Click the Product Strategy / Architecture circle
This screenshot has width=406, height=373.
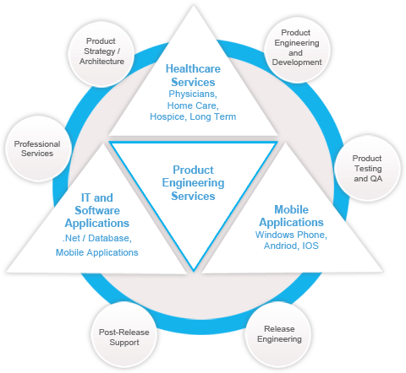tap(101, 53)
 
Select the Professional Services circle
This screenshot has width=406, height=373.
tap(38, 149)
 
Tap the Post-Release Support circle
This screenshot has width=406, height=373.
tap(124, 335)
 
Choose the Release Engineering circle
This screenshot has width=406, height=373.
tap(279, 334)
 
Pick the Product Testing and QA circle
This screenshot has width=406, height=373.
tap(367, 168)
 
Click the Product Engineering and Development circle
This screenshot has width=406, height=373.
tap(297, 49)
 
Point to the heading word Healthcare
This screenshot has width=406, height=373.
tap(193, 69)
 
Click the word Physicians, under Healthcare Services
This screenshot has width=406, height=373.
tap(193, 94)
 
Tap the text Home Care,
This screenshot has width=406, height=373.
tap(193, 105)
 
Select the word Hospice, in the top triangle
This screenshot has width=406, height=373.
tap(167, 116)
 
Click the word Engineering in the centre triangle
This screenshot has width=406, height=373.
tap(193, 183)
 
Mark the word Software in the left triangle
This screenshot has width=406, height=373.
tap(97, 210)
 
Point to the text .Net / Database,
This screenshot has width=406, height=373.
tap(97, 238)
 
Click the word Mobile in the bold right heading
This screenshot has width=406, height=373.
tap(292, 209)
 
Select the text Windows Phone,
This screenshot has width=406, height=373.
tap(291, 235)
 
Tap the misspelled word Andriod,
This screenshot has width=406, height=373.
tap(282, 246)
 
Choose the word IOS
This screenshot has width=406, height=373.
tap(310, 246)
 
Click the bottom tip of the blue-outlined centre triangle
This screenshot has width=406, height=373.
tap(194, 271)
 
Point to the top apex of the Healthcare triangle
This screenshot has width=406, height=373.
tap(194, 6)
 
